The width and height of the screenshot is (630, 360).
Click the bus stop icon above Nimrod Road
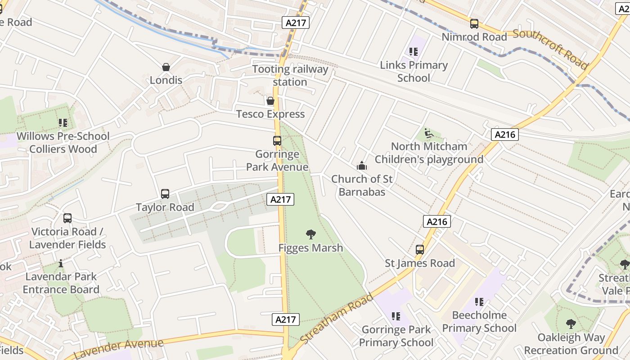(474, 24)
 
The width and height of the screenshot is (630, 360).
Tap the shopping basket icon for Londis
(166, 67)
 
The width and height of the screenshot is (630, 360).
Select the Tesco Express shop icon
(270, 101)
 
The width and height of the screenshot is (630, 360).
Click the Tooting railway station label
(290, 76)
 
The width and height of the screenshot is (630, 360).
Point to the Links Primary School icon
(414, 52)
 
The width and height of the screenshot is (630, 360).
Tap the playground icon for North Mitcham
(429, 134)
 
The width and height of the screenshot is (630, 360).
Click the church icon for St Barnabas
(362, 166)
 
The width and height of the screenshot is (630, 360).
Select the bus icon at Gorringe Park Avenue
(277, 141)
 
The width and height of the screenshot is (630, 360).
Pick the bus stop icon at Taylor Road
(165, 194)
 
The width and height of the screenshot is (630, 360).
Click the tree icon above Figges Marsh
(310, 234)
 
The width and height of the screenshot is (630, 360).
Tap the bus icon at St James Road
(420, 250)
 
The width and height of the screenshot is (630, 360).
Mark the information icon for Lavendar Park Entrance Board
(61, 263)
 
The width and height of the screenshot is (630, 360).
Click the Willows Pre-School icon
(63, 123)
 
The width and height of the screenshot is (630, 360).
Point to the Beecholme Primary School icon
(479, 301)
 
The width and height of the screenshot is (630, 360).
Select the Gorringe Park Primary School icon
(396, 316)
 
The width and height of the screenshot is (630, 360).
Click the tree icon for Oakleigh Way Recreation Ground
(571, 324)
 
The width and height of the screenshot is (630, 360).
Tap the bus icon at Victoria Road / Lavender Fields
(67, 218)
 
